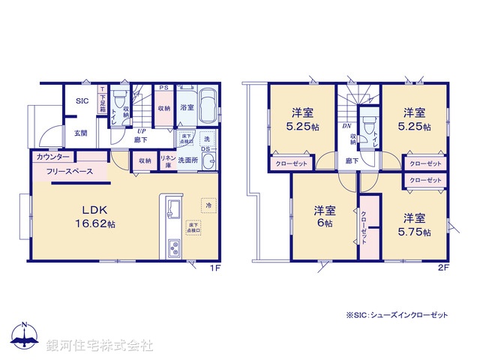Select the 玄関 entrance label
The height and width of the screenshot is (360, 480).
[x=80, y=133]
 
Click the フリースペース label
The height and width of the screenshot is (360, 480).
[x=70, y=172]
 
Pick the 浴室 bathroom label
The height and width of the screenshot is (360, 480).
[x=187, y=108]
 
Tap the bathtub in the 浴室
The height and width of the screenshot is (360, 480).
[x=208, y=103]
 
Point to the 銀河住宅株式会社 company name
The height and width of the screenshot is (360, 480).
[x=100, y=346]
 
